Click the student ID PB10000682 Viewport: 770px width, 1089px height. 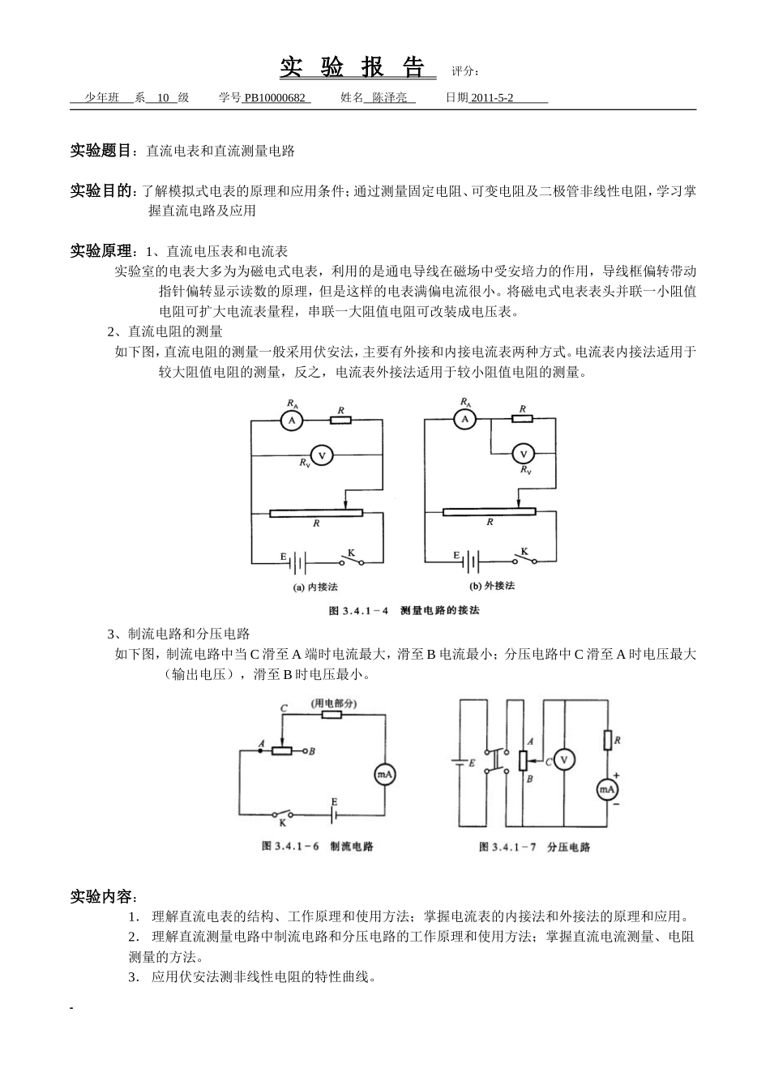pyautogui.click(x=276, y=98)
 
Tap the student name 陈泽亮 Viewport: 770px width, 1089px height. pyautogui.click(x=390, y=98)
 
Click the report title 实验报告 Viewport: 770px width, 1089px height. pyautogui.click(x=354, y=68)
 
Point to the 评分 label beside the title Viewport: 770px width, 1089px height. pyautogui.click(x=465, y=71)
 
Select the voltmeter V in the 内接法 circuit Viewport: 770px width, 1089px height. pyautogui.click(x=322, y=456)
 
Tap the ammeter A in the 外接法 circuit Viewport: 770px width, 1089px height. pyautogui.click(x=464, y=419)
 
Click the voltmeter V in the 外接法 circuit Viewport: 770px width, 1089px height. pyautogui.click(x=523, y=454)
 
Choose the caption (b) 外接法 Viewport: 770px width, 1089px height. pyautogui.click(x=492, y=586)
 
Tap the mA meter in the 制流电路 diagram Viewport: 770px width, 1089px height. pyautogui.click(x=384, y=775)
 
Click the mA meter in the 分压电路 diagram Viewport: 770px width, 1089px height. pyautogui.click(x=607, y=789)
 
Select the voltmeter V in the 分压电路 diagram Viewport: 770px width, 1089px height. pyautogui.click(x=565, y=759)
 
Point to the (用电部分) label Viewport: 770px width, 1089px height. pyautogui.click(x=334, y=704)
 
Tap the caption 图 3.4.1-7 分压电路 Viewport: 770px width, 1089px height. pyautogui.click(x=534, y=847)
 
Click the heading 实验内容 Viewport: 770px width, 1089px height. pyautogui.click(x=104, y=897)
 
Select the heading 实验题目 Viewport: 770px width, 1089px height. pyautogui.click(x=101, y=151)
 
